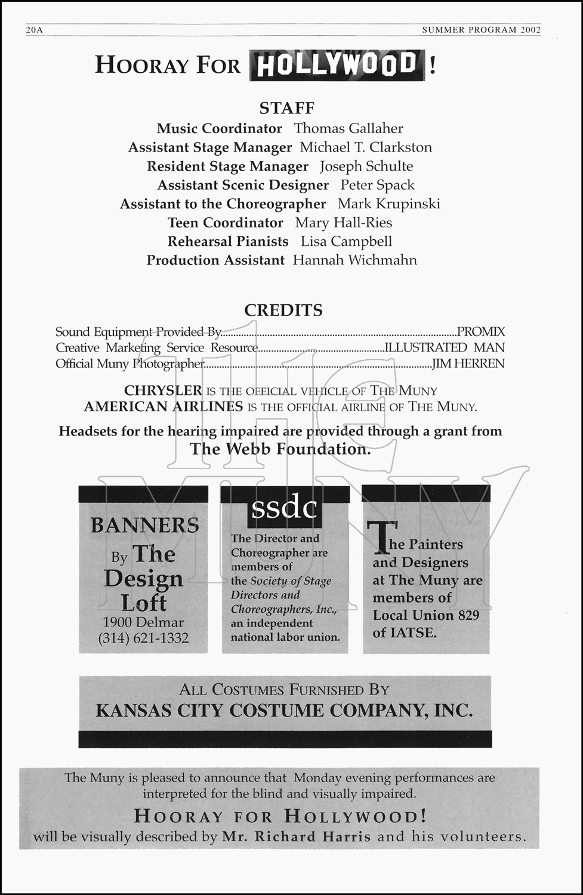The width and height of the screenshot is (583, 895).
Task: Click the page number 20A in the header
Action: click(x=35, y=30)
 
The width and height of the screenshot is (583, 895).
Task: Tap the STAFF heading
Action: click(x=286, y=108)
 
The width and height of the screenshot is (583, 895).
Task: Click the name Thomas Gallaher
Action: click(x=348, y=128)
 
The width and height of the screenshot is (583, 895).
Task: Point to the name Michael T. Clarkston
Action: click(x=366, y=147)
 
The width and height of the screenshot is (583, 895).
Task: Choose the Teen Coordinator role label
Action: click(x=226, y=223)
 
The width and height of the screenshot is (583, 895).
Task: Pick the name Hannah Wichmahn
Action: click(x=354, y=260)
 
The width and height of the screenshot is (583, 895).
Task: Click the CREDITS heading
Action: click(x=283, y=310)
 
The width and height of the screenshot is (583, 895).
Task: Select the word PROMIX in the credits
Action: click(x=481, y=332)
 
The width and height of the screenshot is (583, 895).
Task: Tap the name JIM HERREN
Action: click(x=468, y=363)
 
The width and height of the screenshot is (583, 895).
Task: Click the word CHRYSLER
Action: click(x=163, y=391)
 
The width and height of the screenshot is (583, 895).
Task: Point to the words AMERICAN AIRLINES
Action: click(x=164, y=407)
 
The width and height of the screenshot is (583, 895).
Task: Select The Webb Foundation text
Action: click(x=280, y=449)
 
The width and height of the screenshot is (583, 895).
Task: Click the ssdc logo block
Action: click(x=284, y=508)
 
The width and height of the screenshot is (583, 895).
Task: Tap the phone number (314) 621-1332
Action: click(x=143, y=638)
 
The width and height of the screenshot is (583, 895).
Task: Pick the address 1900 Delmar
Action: click(x=143, y=622)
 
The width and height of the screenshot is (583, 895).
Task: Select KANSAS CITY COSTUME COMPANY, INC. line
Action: click(x=284, y=711)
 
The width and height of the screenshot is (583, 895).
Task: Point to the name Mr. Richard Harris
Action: click(x=296, y=837)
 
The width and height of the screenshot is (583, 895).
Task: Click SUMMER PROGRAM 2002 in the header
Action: click(x=481, y=30)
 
